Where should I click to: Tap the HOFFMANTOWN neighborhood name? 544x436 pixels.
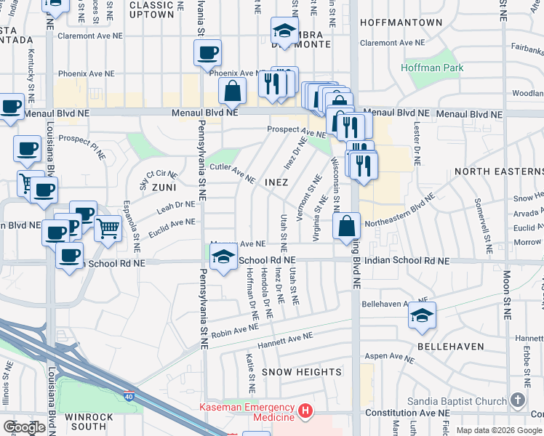pos(401,23)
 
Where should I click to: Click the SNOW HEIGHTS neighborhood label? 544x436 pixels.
pos(302,372)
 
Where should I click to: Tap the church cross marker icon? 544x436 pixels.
pos(517,400)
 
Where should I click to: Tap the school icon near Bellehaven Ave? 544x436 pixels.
pos(421,315)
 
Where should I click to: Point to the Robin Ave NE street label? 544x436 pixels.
pos(235,328)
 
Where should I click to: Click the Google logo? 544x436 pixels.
pos(25,427)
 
